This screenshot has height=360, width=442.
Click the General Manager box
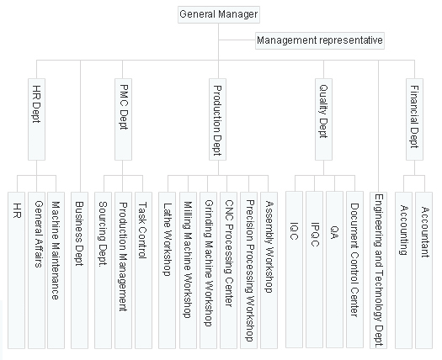(219, 14)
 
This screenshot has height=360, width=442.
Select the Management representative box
(320, 41)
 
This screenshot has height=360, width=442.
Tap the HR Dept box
(36, 119)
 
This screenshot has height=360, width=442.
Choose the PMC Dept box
(123, 119)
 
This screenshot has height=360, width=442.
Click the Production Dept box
(217, 119)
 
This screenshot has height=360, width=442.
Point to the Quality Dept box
(323, 119)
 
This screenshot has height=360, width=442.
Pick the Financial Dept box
(415, 119)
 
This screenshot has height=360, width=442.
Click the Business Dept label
(79, 234)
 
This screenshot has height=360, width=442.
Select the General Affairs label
(39, 234)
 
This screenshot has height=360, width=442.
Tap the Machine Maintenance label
(56, 251)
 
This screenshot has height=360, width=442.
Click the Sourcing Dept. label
(103, 233)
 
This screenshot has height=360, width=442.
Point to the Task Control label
(142, 230)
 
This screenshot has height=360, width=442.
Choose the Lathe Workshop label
(168, 239)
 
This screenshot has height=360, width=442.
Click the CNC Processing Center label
(229, 253)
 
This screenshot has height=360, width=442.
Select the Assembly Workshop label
(269, 246)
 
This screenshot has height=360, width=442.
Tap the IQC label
(294, 231)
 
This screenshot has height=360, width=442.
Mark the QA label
(334, 233)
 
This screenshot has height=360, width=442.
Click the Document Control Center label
(354, 260)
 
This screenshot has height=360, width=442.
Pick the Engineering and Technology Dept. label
(379, 271)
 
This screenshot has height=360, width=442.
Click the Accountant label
(425, 232)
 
